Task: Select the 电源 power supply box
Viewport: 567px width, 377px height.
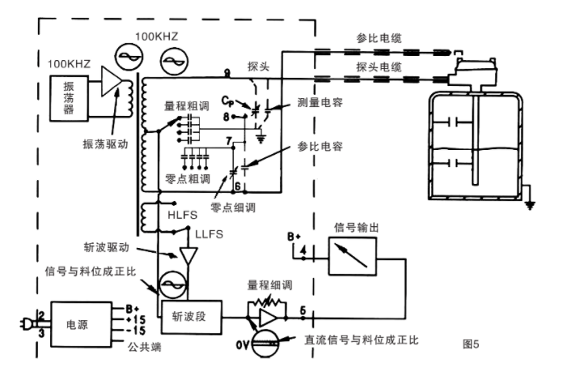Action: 77,323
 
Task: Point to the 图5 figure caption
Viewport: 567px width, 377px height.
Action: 471,345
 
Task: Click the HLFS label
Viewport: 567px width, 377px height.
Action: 181,215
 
